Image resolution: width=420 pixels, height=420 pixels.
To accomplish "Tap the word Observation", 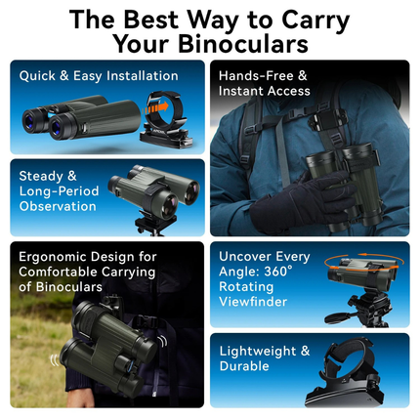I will (x=58, y=206).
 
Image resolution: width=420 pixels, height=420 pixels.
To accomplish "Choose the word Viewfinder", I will (x=255, y=304).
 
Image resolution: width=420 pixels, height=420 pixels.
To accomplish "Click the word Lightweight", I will (x=257, y=350).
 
